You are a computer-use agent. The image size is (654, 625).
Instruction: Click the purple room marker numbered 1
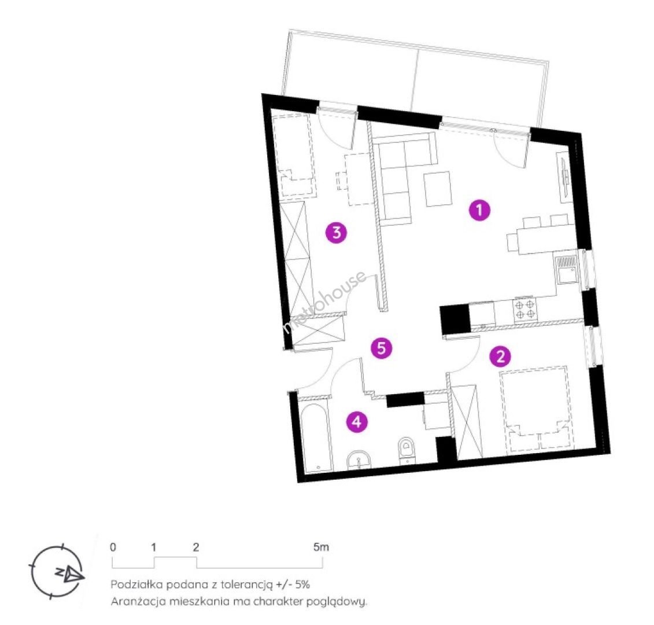(479, 209)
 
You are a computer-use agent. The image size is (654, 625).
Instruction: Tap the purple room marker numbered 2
(500, 356)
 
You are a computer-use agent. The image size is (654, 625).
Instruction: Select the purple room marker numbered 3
(336, 232)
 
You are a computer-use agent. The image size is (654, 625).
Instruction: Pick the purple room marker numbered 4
(357, 422)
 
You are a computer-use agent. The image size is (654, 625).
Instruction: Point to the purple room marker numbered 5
(382, 348)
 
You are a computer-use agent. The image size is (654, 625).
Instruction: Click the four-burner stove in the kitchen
(524, 310)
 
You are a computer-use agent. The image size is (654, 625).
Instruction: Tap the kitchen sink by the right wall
(566, 270)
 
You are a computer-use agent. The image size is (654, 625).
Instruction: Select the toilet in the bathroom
(406, 451)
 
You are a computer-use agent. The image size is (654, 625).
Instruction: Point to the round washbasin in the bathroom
(359, 461)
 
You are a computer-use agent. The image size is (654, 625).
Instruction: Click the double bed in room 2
(537, 410)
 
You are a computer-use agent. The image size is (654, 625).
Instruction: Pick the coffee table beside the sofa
(438, 189)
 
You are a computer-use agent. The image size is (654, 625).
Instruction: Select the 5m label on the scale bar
(321, 547)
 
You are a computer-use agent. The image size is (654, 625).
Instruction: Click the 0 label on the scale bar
(113, 547)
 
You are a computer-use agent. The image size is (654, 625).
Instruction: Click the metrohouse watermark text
(325, 302)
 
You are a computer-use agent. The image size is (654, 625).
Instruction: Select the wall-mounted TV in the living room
(563, 176)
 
